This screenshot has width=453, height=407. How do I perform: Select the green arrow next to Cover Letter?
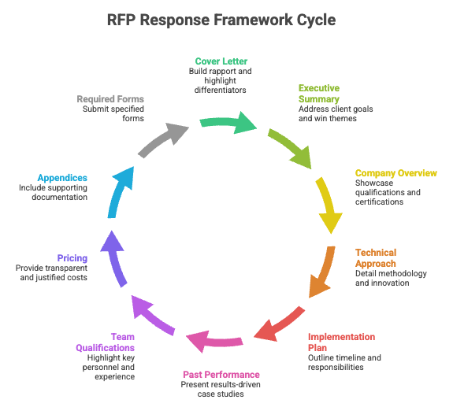228,123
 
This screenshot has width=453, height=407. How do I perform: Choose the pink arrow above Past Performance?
213,341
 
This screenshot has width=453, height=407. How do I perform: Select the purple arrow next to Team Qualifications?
150,315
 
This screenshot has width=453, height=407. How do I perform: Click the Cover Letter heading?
221,61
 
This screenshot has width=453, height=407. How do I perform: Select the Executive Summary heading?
319,94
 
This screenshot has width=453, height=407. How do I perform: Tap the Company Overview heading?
395,173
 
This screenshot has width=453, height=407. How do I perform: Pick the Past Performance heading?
221,374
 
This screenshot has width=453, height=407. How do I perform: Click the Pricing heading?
72,258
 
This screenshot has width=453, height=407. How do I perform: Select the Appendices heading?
61,178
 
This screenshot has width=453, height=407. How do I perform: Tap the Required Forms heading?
110,99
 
